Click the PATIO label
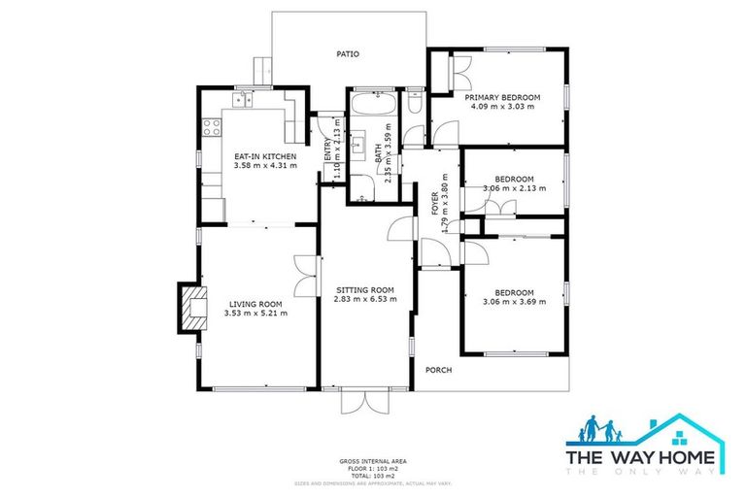pyautogui.click(x=348, y=54)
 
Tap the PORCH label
pyautogui.click(x=438, y=369)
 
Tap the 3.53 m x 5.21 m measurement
pyautogui.click(x=255, y=313)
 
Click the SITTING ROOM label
pyautogui.click(x=364, y=290)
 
